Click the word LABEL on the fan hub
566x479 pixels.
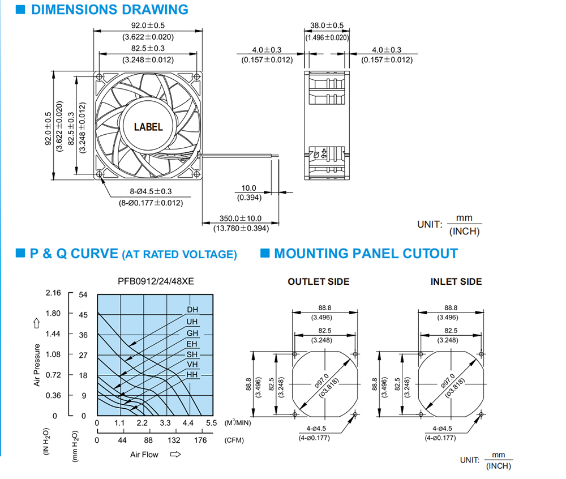click(148, 127)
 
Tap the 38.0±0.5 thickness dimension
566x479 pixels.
click(327, 25)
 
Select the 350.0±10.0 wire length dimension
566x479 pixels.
click(241, 218)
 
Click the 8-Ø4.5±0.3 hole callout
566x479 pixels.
click(151, 191)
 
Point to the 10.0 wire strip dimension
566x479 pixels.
click(248, 188)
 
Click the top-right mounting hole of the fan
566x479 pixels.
click(197, 77)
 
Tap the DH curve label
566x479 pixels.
click(192, 310)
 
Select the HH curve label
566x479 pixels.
click(192, 375)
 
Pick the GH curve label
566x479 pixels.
click(192, 333)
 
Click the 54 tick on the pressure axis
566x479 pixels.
click(83, 294)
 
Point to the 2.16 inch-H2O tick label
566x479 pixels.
click(53, 293)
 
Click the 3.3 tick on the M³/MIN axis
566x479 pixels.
click(165, 423)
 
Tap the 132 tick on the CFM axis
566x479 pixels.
click(174, 440)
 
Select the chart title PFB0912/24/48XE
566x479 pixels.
click(156, 281)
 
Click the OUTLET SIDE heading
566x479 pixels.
click(318, 281)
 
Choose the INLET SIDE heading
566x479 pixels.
click(456, 281)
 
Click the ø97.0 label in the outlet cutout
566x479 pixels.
click(321, 381)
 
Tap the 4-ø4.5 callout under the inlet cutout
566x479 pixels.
click(442, 429)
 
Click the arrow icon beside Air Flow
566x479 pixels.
click(175, 454)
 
